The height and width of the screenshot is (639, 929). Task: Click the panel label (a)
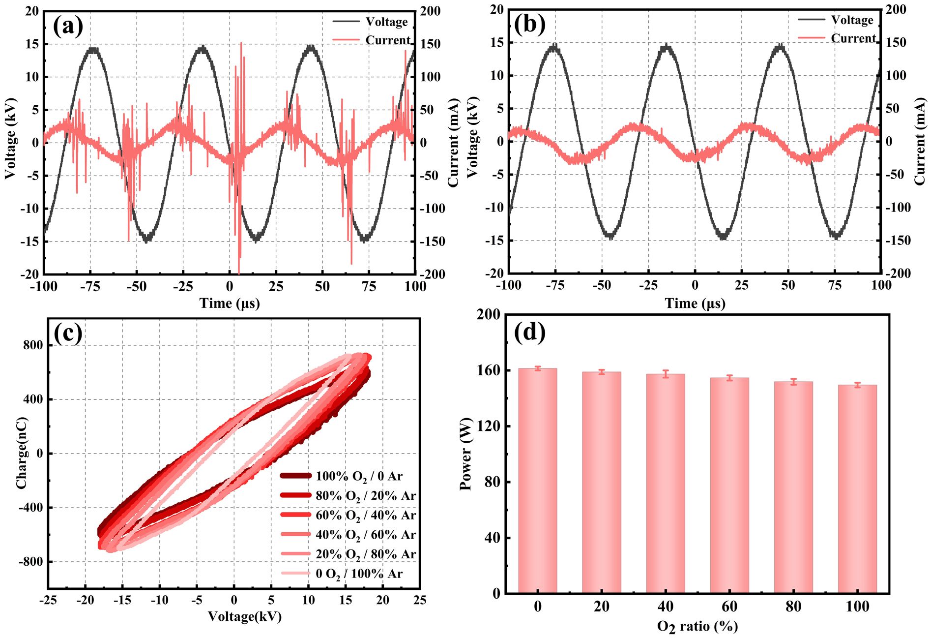coord(68,26)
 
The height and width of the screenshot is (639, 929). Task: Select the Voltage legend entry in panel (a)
coord(371,22)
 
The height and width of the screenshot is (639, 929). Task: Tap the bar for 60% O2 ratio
coord(729,485)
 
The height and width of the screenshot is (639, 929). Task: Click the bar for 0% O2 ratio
coord(537,480)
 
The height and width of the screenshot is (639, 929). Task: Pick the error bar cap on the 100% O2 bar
coord(857,383)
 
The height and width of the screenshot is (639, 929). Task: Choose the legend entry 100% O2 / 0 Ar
coord(342,476)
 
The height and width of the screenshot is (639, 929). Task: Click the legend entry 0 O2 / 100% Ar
coord(342,574)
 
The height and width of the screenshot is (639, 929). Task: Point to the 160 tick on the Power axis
coord(489,370)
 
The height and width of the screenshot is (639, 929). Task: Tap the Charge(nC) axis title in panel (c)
coord(22,453)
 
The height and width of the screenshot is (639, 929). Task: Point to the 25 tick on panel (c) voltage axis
coord(419,600)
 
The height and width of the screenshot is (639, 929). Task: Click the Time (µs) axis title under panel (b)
coord(695,304)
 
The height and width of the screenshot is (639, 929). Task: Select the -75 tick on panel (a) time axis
coord(90,287)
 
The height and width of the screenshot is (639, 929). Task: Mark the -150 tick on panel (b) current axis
coord(898,241)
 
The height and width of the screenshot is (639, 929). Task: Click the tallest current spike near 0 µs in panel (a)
coord(241,44)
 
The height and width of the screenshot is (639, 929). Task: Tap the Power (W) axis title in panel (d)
coord(465,454)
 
